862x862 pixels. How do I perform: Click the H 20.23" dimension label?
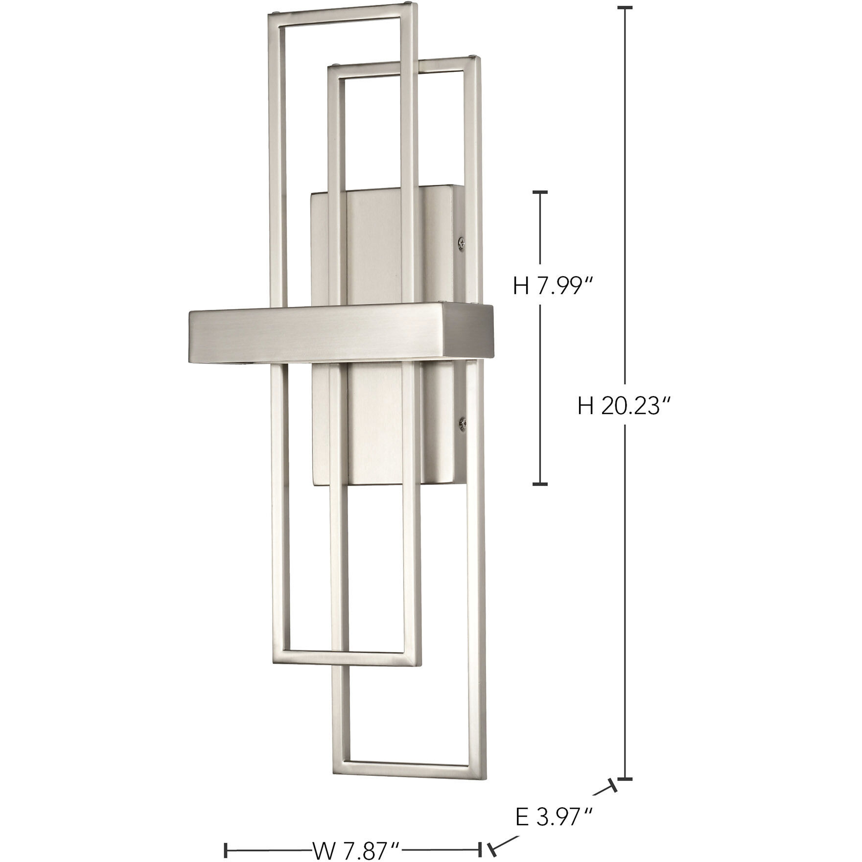click(x=623, y=406)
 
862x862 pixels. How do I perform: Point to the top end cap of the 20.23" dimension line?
click(x=625, y=8)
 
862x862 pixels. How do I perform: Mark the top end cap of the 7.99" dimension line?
click(x=540, y=192)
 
